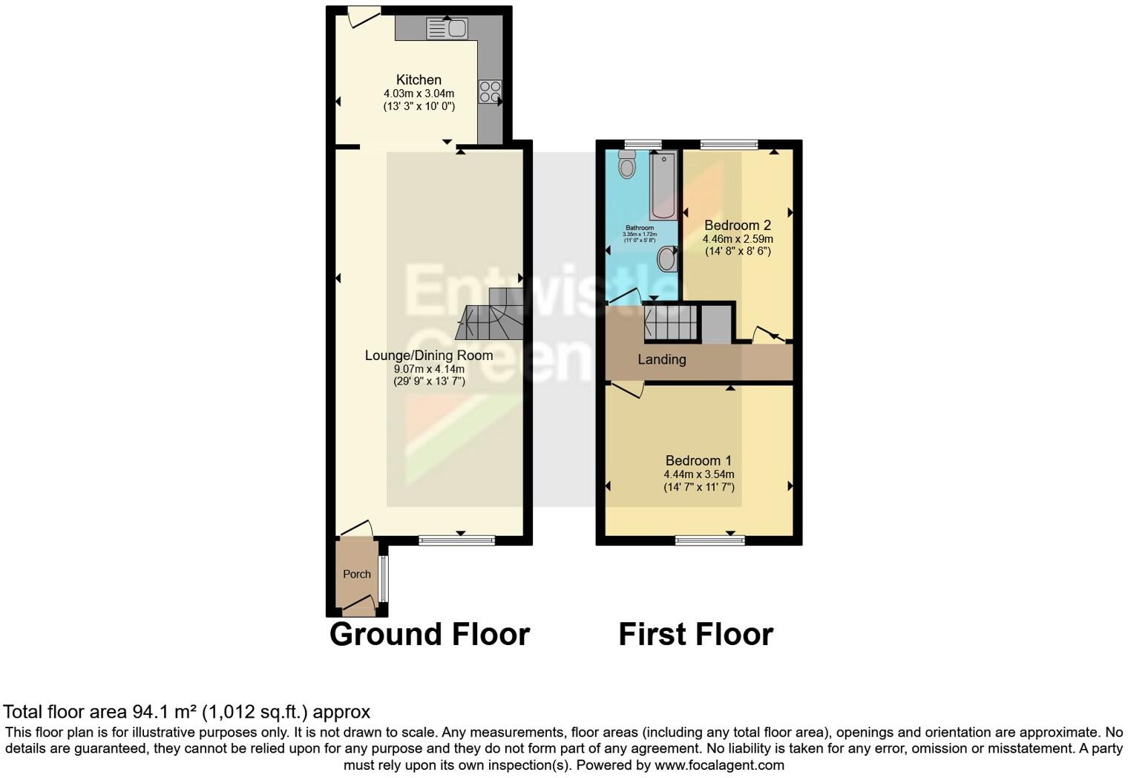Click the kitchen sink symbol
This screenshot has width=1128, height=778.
(x=446, y=28)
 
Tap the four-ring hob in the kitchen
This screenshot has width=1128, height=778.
(x=490, y=91)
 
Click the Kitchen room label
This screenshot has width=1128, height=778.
(x=419, y=79)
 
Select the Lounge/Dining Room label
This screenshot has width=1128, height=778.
(x=429, y=356)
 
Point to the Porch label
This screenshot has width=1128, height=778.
(x=357, y=574)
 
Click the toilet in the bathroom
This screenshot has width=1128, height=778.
(x=628, y=165)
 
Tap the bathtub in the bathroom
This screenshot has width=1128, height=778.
(x=663, y=185)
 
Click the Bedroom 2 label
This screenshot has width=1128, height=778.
(x=738, y=226)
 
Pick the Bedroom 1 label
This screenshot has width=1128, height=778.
(x=698, y=461)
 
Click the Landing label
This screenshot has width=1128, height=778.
(x=662, y=359)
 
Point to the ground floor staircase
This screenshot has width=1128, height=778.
(x=492, y=316)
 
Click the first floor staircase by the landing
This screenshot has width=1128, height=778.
(x=672, y=323)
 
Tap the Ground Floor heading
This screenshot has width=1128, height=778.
(x=430, y=635)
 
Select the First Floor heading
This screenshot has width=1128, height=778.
(x=696, y=635)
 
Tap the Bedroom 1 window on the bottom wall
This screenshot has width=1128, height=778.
(x=710, y=540)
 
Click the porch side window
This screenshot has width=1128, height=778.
(x=384, y=579)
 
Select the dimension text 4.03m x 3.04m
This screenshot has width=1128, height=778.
(x=419, y=94)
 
